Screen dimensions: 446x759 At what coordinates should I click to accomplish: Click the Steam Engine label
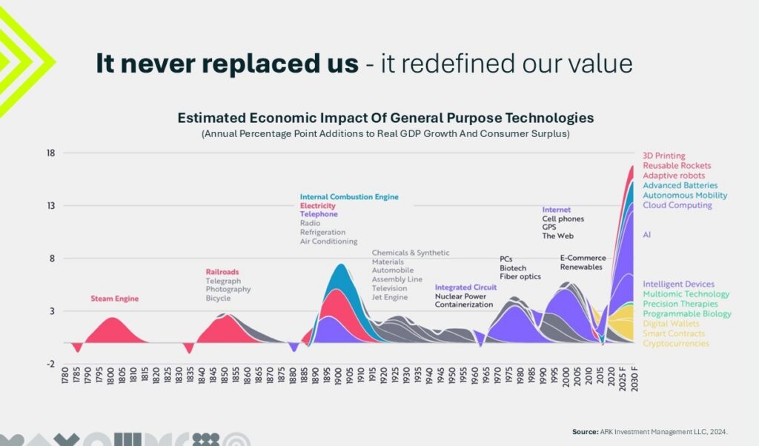coord(115,299)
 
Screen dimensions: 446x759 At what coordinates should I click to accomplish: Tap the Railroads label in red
coord(222,272)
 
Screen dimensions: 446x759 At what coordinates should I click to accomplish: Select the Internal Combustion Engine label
coord(349,197)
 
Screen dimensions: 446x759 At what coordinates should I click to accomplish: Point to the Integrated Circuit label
coord(465,287)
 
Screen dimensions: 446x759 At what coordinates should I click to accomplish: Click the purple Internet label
coord(557,210)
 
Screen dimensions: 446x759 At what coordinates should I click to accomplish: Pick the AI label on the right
coord(647,235)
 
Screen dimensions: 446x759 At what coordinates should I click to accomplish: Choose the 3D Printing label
coord(664,156)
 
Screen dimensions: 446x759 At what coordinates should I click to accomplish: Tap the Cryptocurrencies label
coord(675,343)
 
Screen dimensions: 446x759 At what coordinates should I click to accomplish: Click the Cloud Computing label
coord(677,205)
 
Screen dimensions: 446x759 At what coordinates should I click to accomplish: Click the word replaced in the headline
coord(236,64)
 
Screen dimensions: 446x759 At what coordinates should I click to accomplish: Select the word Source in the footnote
coord(586,431)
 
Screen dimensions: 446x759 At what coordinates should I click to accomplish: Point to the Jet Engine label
coord(390,298)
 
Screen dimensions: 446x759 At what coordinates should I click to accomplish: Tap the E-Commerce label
coord(583,258)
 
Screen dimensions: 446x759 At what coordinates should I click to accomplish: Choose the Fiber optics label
coord(520,277)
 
